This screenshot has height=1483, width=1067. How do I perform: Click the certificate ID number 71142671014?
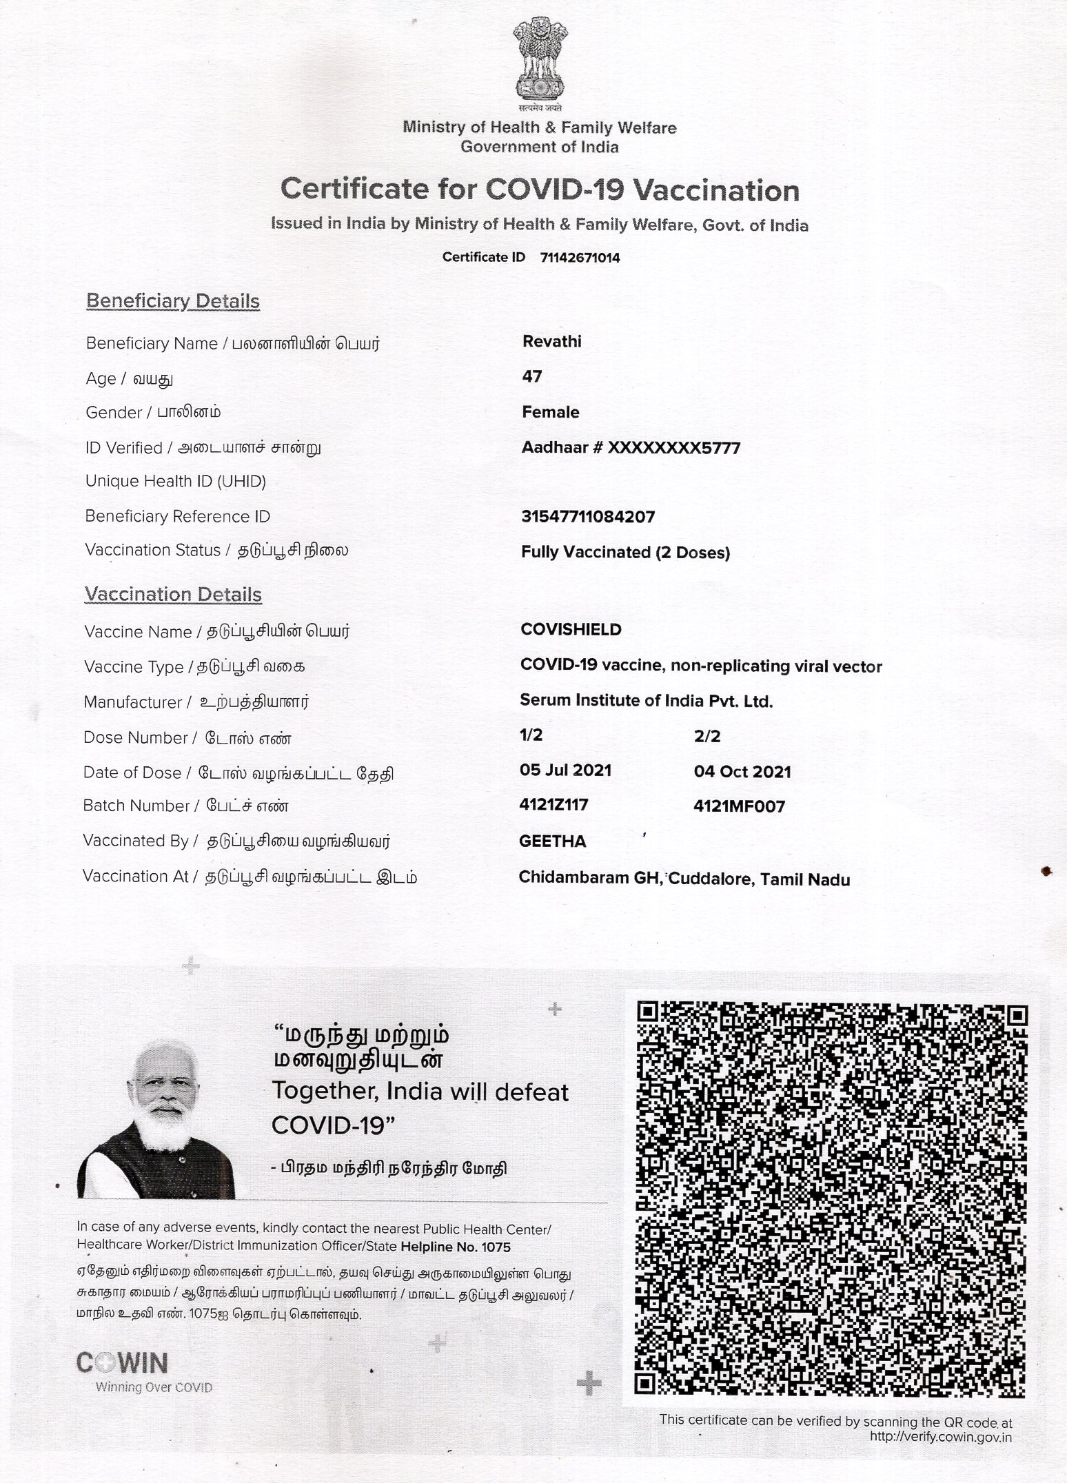580,258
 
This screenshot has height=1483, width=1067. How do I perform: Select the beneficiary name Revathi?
552,342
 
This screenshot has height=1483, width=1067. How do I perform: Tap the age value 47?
532,377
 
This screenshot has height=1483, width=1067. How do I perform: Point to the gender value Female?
550,412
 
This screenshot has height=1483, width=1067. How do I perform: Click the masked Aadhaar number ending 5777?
631,448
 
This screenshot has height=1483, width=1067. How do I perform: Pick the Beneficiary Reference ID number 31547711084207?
588,517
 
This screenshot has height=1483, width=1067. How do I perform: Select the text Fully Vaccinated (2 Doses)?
625,553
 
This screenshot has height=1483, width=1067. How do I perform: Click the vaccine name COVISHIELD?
571,630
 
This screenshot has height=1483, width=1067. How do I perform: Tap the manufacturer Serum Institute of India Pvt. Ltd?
647,702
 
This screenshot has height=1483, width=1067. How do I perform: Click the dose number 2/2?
707,737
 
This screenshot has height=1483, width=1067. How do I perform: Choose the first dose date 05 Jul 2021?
565,770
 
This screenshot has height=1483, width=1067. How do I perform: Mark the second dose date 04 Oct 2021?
742,772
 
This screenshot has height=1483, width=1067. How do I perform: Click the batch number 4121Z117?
554,805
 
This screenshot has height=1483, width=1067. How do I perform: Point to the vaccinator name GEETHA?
553,841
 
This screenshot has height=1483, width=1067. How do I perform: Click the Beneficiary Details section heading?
173,302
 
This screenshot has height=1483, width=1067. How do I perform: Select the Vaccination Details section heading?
173,595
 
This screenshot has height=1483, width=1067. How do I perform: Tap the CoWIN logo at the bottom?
122,1363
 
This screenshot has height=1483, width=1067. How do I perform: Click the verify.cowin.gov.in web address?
941,1437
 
